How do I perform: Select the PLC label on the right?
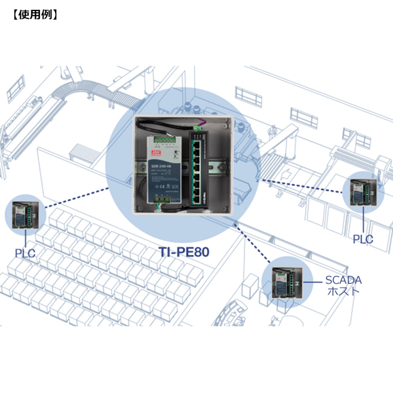[363, 239]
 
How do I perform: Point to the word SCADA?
[343, 280]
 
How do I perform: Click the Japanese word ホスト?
[343, 291]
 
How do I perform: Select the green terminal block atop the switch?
[197, 126]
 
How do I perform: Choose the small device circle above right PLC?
[364, 190]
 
